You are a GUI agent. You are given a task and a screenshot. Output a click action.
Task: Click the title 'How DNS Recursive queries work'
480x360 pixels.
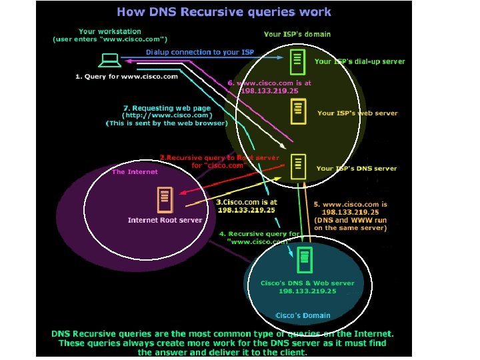(224, 11)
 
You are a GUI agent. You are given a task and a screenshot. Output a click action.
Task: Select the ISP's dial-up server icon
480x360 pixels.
(298, 61)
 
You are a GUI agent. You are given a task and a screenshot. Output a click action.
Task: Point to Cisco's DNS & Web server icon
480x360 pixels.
(305, 261)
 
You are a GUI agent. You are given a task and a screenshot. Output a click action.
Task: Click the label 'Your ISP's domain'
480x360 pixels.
(297, 33)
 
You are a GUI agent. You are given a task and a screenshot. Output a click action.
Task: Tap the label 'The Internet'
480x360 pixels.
(135, 172)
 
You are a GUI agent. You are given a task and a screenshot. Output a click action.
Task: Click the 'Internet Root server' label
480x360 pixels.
(165, 220)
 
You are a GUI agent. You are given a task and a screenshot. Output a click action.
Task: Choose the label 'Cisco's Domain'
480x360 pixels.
(303, 315)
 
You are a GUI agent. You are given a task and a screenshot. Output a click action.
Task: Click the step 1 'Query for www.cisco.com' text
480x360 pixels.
(126, 77)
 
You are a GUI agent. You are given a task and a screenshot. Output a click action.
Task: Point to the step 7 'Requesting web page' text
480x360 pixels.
(167, 108)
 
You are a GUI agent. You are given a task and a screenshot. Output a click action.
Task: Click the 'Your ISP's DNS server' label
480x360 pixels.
(356, 169)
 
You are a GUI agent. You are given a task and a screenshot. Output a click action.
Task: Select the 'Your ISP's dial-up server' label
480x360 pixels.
(359, 61)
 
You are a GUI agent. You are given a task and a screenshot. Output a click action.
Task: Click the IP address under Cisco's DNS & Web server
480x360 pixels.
(307, 291)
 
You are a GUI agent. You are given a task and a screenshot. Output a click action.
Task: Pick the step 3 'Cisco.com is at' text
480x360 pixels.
(247, 202)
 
